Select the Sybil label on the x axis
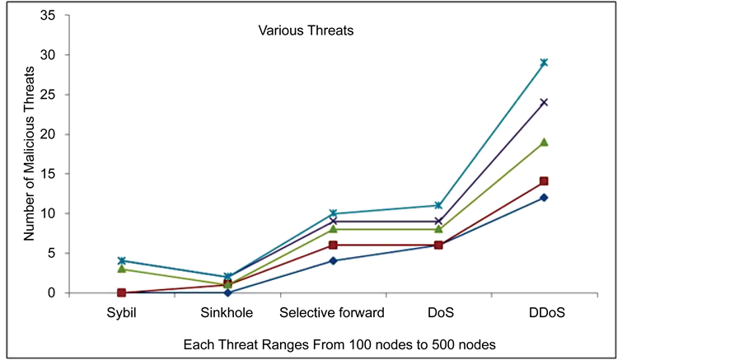[x=121, y=313]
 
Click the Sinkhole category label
[x=227, y=313]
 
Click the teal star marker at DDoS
[x=544, y=63]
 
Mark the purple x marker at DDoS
[x=544, y=103]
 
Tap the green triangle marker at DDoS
[x=544, y=143]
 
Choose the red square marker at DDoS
[x=544, y=181]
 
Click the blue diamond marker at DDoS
[x=544, y=198]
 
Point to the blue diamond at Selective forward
[x=333, y=261]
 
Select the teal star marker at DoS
[x=438, y=205]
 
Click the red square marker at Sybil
[x=121, y=292]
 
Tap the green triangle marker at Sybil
[x=121, y=269]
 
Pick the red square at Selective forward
[x=333, y=245]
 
